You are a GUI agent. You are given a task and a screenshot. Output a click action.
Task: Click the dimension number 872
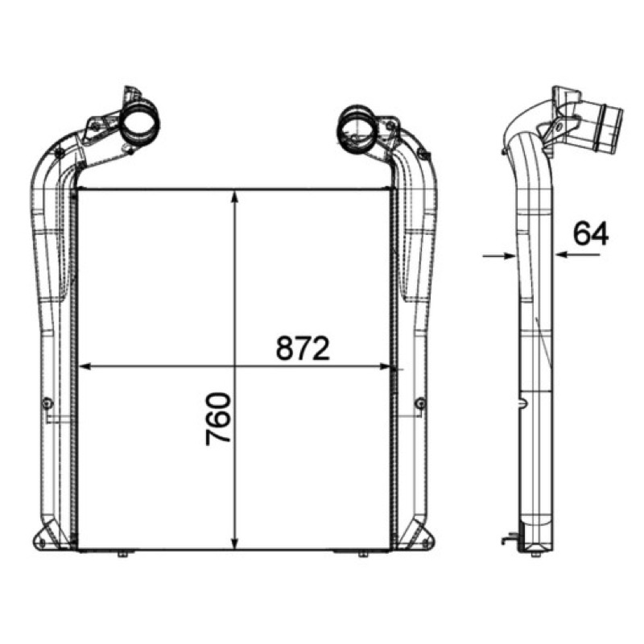pyautogui.click(x=303, y=348)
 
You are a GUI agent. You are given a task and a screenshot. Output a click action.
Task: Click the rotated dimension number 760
pyautogui.click(x=218, y=419)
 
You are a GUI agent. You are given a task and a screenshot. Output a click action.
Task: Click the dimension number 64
pyautogui.click(x=591, y=233)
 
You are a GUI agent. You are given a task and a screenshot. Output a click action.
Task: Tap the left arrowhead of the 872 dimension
pyautogui.click(x=84, y=366)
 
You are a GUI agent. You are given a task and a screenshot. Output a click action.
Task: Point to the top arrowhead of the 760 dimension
pyautogui.click(x=234, y=196)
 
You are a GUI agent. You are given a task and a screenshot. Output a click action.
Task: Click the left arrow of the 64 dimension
pyautogui.click(x=499, y=256)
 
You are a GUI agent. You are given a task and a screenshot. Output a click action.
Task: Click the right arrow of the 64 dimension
pyautogui.click(x=577, y=254)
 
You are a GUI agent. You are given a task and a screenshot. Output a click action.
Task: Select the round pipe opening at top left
pyautogui.click(x=139, y=122)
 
